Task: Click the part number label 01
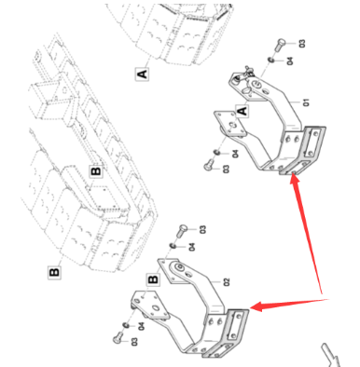point(306,102)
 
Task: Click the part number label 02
point(227,282)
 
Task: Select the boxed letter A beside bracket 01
point(242,111)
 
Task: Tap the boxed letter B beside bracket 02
point(153,279)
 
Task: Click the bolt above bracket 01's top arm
point(280,45)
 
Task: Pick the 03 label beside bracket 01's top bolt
point(302,43)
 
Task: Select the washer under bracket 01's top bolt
point(271,60)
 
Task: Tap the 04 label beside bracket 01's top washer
point(290,61)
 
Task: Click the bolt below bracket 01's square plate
point(209,165)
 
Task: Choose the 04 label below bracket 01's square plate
point(235,154)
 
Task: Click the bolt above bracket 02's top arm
point(181,231)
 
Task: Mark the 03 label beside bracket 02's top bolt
point(202,230)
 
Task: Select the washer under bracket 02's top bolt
point(173,246)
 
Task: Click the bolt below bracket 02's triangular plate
point(118,338)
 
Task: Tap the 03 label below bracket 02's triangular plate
point(134,342)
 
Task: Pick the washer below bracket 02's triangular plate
point(126,325)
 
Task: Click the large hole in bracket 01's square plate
point(234,125)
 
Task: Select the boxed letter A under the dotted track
point(142,75)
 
